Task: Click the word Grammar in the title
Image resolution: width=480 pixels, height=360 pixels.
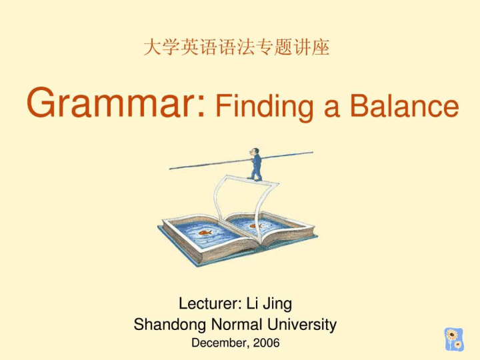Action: pyautogui.click(x=111, y=102)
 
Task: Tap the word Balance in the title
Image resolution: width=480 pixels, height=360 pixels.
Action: pyautogui.click(x=405, y=105)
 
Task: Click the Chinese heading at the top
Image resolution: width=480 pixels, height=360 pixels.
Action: pyautogui.click(x=236, y=47)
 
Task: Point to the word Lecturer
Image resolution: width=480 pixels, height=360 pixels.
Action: pyautogui.click(x=208, y=303)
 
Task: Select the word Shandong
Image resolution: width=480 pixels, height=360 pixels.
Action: pyautogui.click(x=170, y=324)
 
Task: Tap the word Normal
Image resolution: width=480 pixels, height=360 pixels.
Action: pyautogui.click(x=237, y=324)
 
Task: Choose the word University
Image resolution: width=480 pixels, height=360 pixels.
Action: pyautogui.click(x=302, y=325)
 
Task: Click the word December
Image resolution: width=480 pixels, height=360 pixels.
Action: pyautogui.click(x=219, y=343)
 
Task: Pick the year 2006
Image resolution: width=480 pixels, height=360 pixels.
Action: pyautogui.click(x=266, y=343)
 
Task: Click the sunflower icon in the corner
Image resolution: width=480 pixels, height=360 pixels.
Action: pyautogui.click(x=454, y=339)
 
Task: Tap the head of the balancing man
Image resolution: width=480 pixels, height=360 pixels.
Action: pyautogui.click(x=254, y=151)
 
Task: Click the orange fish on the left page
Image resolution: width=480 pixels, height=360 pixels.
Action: pyautogui.click(x=205, y=233)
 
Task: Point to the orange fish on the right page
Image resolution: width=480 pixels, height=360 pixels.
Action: pyautogui.click(x=255, y=226)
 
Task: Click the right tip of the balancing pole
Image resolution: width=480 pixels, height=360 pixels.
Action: pyautogui.click(x=313, y=152)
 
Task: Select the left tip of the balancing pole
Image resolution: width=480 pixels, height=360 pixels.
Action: pyautogui.click(x=170, y=169)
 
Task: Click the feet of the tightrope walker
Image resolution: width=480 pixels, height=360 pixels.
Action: pyautogui.click(x=255, y=179)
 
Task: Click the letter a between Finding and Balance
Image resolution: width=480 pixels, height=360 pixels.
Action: pyautogui.click(x=332, y=109)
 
